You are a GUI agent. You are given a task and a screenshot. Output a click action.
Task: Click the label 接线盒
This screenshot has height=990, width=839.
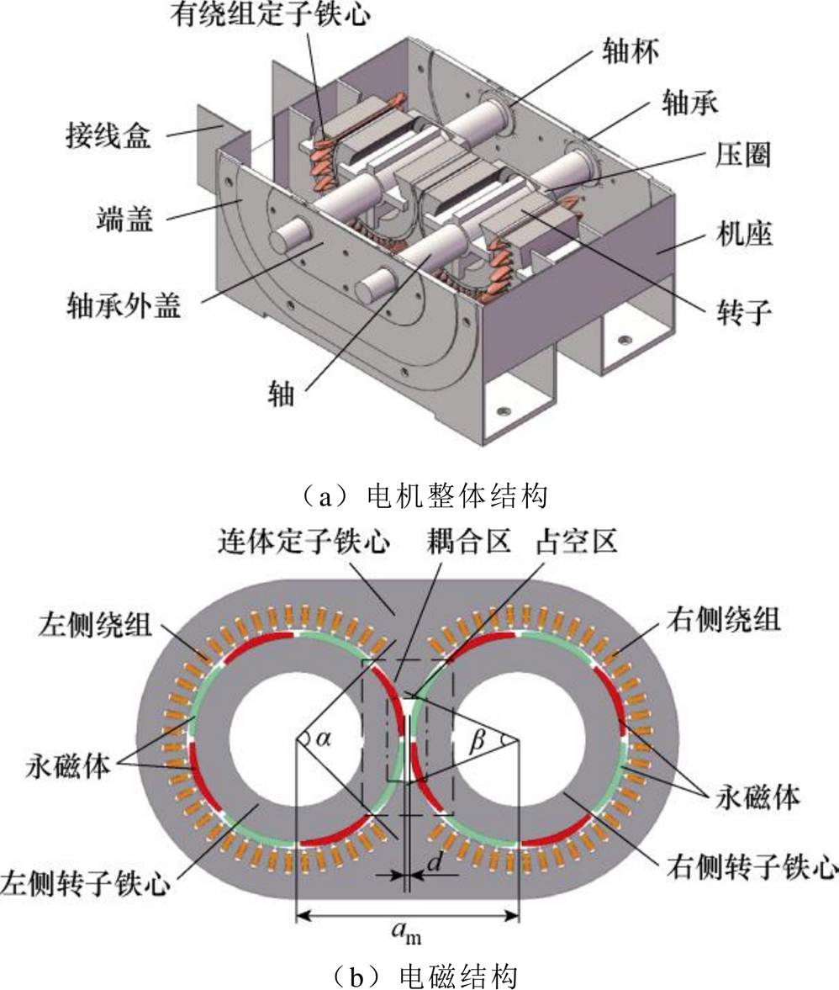pos(108,135)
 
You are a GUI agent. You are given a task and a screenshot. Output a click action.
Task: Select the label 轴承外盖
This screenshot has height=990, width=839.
pos(124,306)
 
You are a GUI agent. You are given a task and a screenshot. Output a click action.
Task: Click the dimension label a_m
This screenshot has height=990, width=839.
pos(409,930)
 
